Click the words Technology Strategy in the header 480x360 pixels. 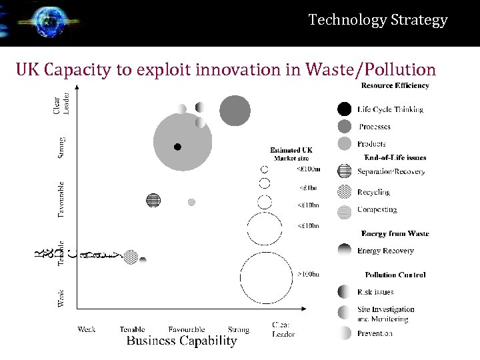378,20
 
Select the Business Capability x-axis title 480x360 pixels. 181,341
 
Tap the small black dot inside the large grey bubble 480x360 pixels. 177,147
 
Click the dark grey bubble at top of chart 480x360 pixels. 235,111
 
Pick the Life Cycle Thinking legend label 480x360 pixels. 390,109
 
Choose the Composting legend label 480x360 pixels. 377,209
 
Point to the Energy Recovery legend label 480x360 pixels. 385,251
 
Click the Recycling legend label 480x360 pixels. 373,192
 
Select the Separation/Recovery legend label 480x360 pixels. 391,172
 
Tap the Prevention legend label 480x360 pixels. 375,333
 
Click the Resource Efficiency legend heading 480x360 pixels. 395,85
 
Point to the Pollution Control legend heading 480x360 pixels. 395,275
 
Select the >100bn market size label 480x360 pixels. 308,274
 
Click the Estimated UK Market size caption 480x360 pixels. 291,154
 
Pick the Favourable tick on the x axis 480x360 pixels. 187,329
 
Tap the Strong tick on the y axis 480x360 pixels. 61,147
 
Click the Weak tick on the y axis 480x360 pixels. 61,298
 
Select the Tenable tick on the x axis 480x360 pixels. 133,329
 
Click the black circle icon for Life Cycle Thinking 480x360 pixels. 344,109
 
